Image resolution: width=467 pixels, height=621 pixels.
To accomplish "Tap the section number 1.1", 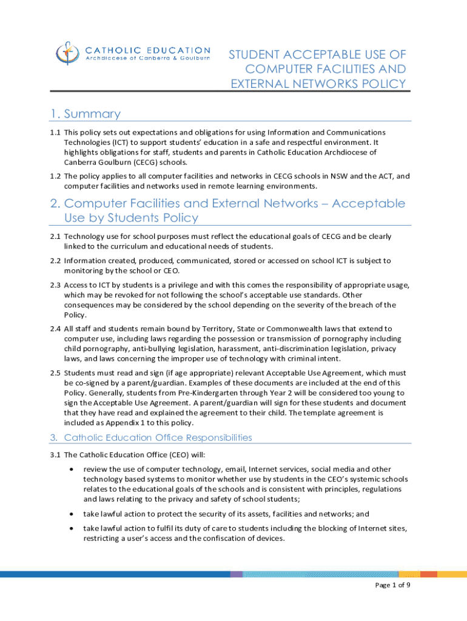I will [x=55, y=132].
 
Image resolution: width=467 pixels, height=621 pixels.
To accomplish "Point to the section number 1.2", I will [x=55, y=176].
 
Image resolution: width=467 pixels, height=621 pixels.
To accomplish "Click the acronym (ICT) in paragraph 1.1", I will [x=116, y=142].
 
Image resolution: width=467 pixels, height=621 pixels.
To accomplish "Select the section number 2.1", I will [x=55, y=236].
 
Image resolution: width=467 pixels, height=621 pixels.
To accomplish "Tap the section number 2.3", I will [x=55, y=285].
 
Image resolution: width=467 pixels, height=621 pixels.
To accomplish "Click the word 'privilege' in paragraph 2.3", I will [x=184, y=285].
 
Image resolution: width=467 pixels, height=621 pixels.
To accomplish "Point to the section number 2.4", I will [x=55, y=329].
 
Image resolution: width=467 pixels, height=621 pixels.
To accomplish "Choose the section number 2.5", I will [x=55, y=373].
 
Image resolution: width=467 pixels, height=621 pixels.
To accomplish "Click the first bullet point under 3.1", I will [x=73, y=469].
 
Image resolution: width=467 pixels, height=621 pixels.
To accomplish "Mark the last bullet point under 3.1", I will [x=73, y=529].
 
